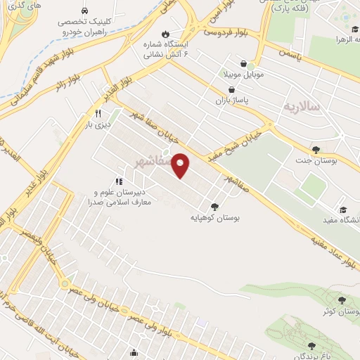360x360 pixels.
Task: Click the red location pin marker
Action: pyautogui.click(x=181, y=165)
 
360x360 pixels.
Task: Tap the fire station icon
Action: pyautogui.click(x=165, y=33)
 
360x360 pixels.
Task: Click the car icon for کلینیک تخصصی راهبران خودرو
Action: pyautogui.click(x=85, y=11)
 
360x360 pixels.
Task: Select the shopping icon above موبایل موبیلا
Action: pyautogui.click(x=243, y=63)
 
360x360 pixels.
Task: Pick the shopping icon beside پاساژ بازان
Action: pyautogui.click(x=231, y=90)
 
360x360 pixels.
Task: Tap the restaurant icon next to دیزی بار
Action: pyautogui.click(x=98, y=113)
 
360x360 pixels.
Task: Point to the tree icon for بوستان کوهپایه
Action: pyautogui.click(x=214, y=207)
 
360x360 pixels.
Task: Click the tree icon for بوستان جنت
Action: pyautogui.click(x=316, y=150)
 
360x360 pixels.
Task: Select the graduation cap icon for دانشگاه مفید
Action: pyautogui.click(x=343, y=210)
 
